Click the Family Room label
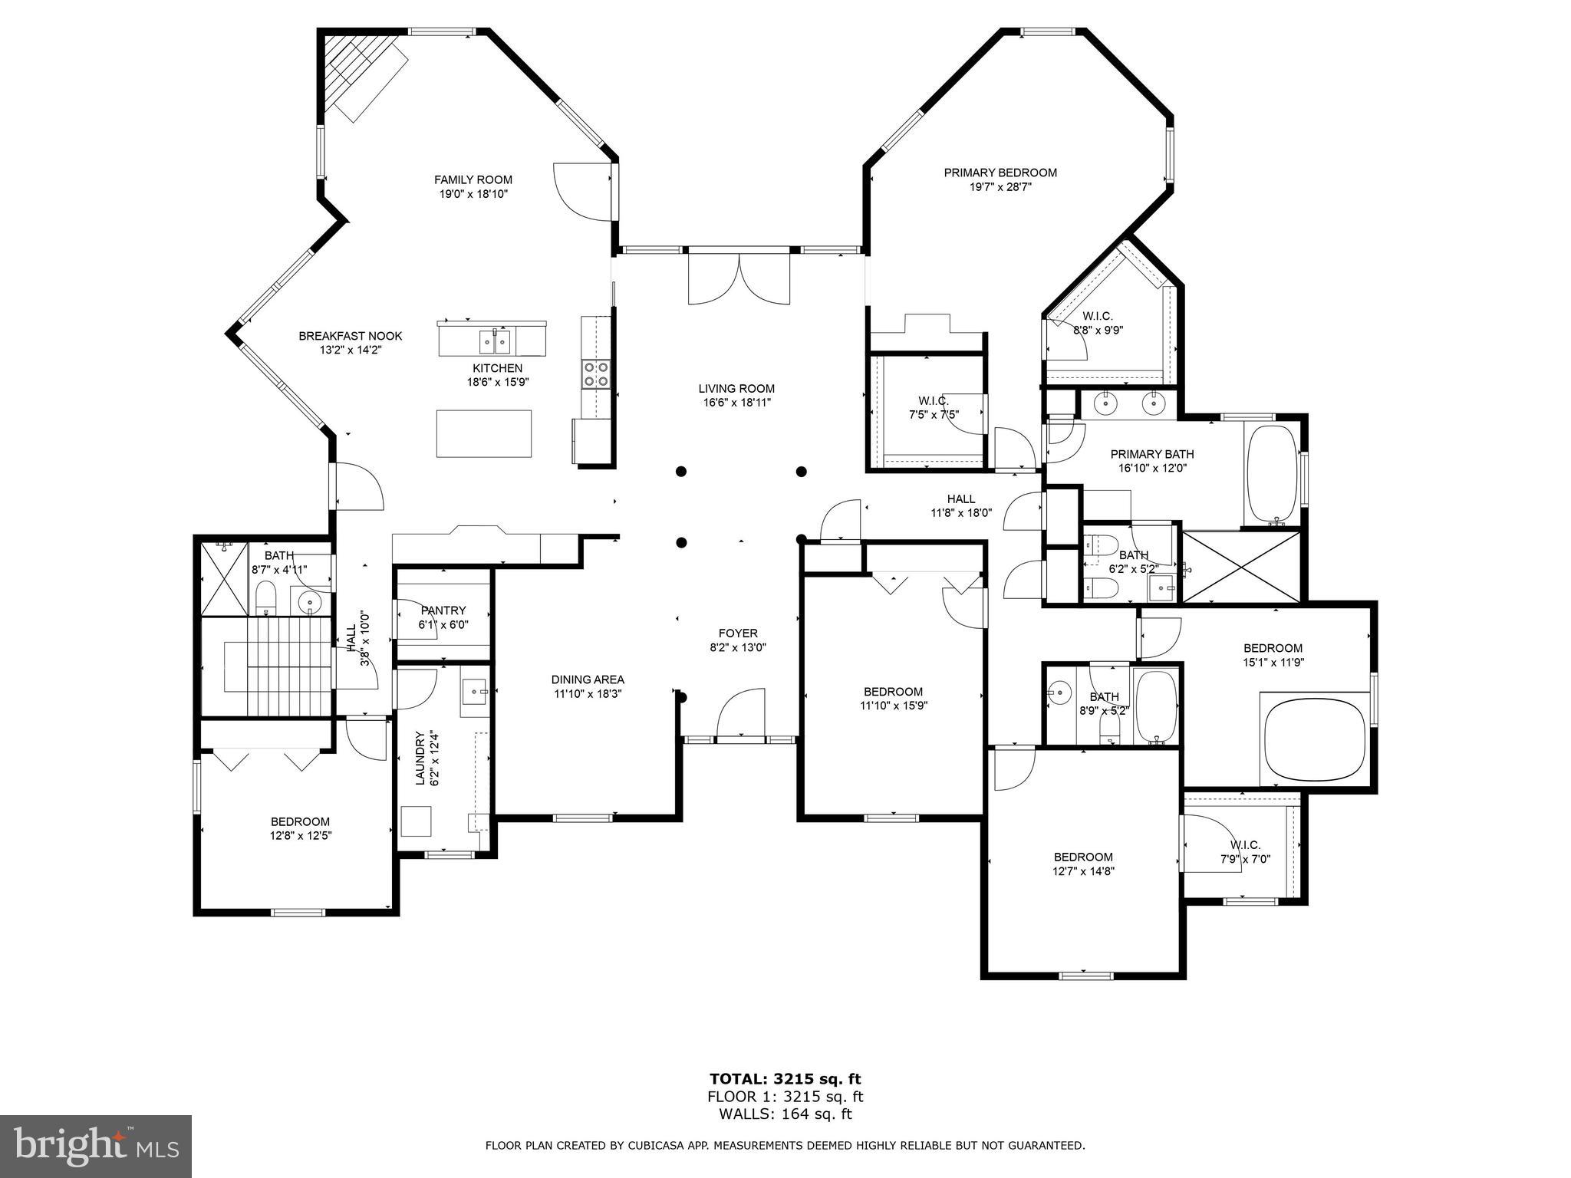tap(473, 180)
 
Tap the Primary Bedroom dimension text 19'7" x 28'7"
tap(1000, 186)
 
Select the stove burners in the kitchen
tap(596, 373)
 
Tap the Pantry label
tap(443, 610)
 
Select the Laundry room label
tap(420, 758)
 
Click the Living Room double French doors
tap(739, 278)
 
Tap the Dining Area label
tap(588, 679)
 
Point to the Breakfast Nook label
tap(350, 336)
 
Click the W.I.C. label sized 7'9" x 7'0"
tap(1245, 845)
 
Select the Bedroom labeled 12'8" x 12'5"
tap(300, 821)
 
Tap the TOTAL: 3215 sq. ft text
tap(785, 1079)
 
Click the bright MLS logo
tap(96, 1146)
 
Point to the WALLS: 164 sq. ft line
tap(785, 1114)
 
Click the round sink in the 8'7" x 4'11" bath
tap(311, 602)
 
